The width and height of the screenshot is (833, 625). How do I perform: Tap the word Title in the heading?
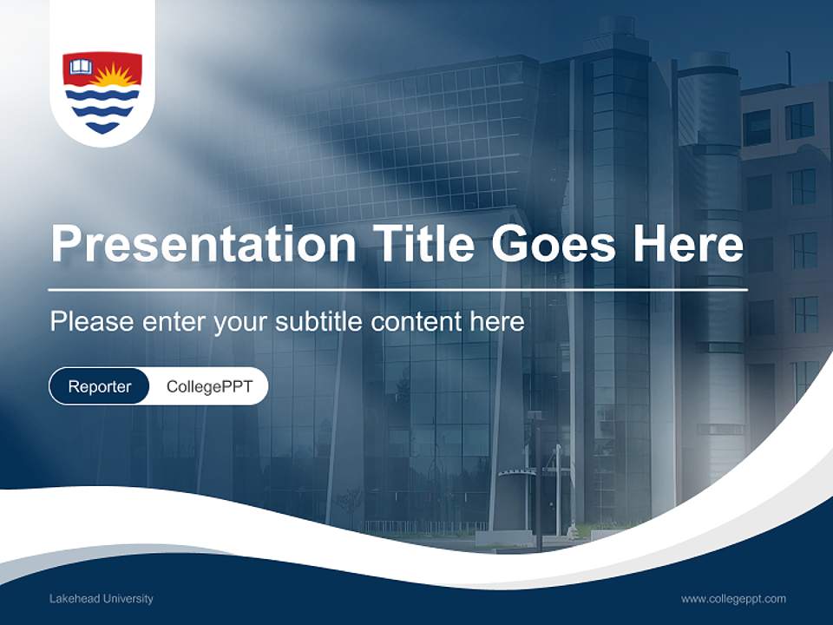[x=420, y=245]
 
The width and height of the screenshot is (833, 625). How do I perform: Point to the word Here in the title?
[x=687, y=245]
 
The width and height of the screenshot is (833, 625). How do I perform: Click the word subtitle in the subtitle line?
[x=319, y=322]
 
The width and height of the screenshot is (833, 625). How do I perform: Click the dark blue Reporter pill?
[x=100, y=386]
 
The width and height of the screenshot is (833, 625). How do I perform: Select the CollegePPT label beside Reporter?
[x=209, y=386]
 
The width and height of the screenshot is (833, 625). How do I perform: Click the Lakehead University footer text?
[x=102, y=599]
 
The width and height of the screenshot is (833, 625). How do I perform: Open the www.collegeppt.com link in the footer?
[x=733, y=599]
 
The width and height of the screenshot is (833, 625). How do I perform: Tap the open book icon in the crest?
[x=81, y=67]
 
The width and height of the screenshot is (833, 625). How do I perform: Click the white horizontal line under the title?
[x=397, y=289]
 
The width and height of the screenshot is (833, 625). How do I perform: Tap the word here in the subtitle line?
[x=497, y=322]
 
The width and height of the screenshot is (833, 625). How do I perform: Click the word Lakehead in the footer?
[x=72, y=599]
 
